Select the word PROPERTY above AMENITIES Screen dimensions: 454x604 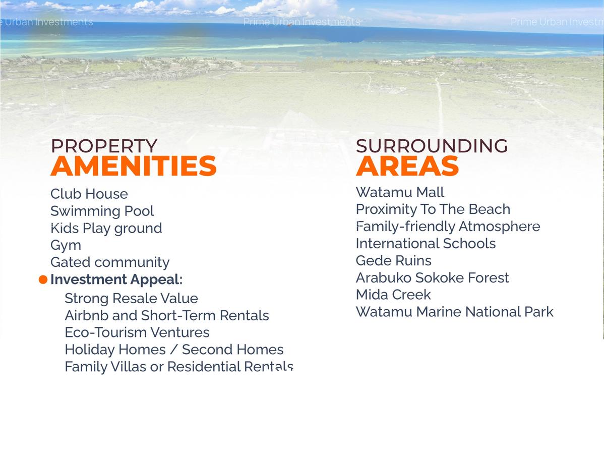104,146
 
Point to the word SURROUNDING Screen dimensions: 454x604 432,146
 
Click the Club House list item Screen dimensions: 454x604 89,194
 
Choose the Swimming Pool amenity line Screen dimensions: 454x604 102,211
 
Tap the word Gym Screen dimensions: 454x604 66,246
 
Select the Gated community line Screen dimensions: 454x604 110,262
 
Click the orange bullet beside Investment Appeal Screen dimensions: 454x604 43,279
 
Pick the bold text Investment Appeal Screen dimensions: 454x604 115,279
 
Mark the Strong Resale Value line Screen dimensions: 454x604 131,299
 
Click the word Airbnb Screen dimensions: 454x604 84,316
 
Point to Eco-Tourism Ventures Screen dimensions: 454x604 137,333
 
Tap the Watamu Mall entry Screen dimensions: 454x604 400,193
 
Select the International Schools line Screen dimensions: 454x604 426,244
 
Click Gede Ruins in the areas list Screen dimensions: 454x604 393,261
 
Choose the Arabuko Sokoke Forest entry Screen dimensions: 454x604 432,278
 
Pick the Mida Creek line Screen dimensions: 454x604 393,295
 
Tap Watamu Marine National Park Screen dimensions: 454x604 454,312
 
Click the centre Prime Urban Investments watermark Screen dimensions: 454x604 301,22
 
